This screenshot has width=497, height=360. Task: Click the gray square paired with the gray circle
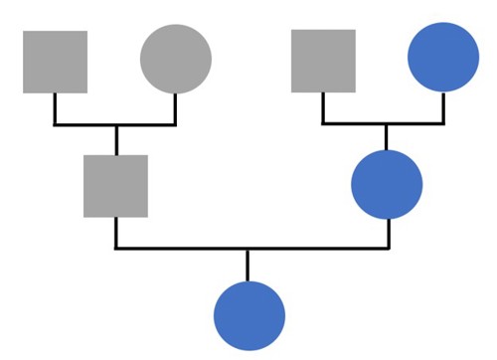click(55, 62)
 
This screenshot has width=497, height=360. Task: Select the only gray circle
click(175, 59)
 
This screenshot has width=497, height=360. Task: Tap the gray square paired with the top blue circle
click(323, 61)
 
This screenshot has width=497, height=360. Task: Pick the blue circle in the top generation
click(443, 56)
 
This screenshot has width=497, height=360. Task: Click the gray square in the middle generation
click(116, 186)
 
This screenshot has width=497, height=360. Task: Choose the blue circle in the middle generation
click(388, 184)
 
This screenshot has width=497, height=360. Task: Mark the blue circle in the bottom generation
click(249, 316)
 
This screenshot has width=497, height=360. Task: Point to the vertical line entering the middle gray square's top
click(116, 140)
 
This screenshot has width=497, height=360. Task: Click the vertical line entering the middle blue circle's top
click(387, 137)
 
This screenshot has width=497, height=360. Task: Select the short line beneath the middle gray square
click(116, 233)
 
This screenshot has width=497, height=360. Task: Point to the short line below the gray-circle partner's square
click(55, 109)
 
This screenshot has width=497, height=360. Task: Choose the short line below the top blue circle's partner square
click(323, 107)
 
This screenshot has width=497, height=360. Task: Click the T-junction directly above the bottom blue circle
click(248, 248)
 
